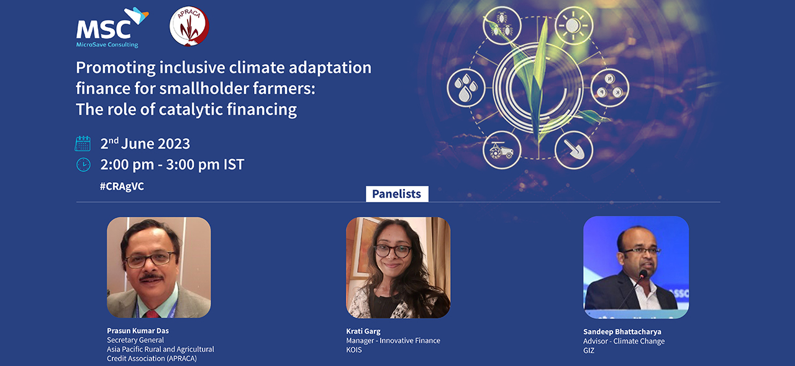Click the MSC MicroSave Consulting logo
[112, 28]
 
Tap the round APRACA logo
[189, 26]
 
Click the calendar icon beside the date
[83, 144]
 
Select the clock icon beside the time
[83, 165]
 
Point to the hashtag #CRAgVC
[122, 186]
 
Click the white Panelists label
[397, 194]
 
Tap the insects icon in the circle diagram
[502, 25]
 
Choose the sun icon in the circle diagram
[573, 25]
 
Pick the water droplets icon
[466, 88]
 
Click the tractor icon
[502, 150]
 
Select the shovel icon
[573, 150]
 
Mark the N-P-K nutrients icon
[610, 88]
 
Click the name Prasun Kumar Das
[138, 331]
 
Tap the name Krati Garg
[363, 331]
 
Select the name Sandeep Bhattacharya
[622, 332]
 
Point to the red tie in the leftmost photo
[153, 314]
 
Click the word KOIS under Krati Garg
[354, 350]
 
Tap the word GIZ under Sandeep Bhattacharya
[588, 350]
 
